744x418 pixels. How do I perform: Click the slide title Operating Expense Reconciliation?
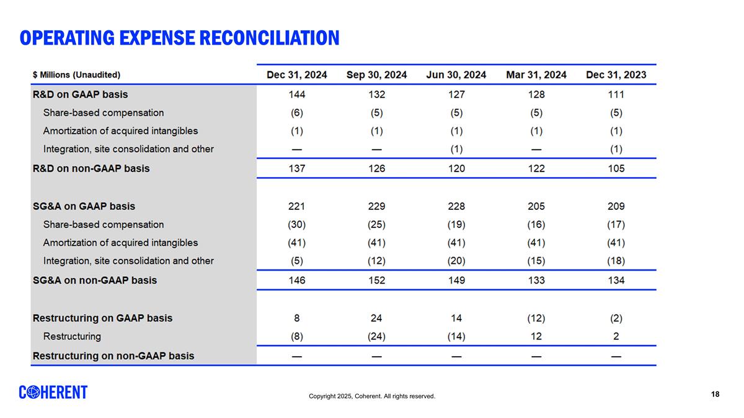179,38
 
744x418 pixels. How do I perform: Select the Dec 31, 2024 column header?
297,75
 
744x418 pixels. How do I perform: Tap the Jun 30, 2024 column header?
456,75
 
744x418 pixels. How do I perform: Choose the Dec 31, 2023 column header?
616,75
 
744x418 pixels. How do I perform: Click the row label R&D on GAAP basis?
80,95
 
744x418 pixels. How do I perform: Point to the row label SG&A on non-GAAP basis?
94,280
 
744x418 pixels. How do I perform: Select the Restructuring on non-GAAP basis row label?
113,356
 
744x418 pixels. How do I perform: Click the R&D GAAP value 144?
297,95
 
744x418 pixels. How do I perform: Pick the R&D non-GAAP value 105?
616,168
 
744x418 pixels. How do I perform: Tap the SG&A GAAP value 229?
376,206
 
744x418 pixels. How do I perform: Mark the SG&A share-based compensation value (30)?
297,224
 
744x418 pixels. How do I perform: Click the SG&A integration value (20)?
456,261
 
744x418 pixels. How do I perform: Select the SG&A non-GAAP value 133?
536,280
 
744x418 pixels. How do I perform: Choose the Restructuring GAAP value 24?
376,318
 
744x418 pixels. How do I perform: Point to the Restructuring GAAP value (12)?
536,318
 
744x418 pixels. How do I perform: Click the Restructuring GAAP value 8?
297,318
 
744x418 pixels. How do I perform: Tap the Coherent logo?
53,393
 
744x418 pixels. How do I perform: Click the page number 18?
715,394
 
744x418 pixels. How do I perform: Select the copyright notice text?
372,396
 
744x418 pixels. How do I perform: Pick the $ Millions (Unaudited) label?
76,76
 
